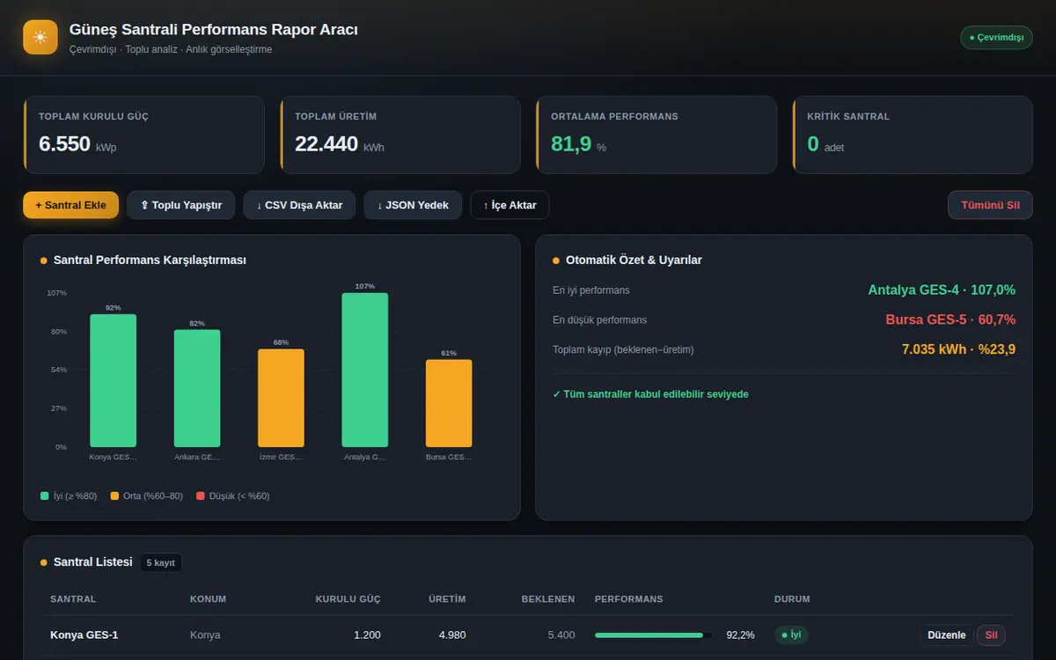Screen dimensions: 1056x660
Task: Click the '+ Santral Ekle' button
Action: click(x=70, y=205)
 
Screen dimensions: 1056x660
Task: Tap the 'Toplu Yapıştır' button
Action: click(x=181, y=205)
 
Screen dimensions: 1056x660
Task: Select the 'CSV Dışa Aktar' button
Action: click(x=299, y=205)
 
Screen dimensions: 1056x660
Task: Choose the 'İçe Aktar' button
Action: click(x=510, y=205)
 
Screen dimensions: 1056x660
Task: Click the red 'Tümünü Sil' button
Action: click(x=990, y=205)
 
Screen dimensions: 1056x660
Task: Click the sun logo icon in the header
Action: click(x=40, y=37)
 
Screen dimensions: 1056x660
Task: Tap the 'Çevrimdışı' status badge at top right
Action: click(x=996, y=37)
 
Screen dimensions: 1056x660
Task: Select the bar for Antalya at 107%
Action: click(x=365, y=370)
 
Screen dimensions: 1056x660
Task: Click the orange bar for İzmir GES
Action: click(x=281, y=398)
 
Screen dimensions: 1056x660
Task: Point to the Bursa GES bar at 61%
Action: click(x=449, y=404)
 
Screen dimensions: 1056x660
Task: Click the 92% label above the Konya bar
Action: click(x=114, y=308)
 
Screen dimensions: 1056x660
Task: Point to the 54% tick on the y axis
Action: click(x=59, y=370)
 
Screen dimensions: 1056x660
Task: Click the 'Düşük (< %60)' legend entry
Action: click(x=233, y=496)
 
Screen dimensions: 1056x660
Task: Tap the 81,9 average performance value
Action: click(x=571, y=143)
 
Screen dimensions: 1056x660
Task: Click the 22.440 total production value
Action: click(x=326, y=143)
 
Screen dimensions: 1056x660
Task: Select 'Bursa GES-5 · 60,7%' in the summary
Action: click(x=950, y=319)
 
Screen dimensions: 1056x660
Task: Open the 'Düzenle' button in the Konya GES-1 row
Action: click(x=946, y=635)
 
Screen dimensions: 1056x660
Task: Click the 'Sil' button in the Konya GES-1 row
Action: click(x=991, y=635)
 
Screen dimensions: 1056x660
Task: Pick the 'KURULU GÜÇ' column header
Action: click(x=348, y=599)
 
